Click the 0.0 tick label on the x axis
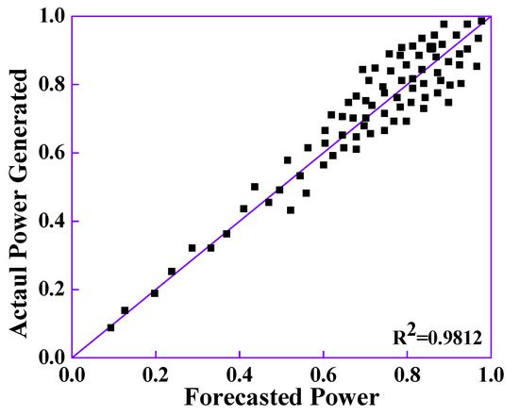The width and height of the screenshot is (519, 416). (x=73, y=373)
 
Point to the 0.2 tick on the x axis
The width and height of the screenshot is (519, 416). (x=156, y=373)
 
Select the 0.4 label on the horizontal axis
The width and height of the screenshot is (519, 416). (x=240, y=373)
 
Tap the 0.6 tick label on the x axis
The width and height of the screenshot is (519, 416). (x=323, y=373)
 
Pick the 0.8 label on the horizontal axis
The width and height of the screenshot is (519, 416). (x=407, y=373)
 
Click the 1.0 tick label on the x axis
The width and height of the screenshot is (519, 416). (x=489, y=373)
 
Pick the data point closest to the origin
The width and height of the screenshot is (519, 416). (x=110, y=327)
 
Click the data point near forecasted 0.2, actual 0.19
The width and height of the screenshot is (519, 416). (x=155, y=292)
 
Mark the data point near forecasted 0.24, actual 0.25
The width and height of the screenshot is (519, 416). (x=172, y=272)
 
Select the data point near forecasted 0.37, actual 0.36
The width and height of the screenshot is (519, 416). (x=226, y=233)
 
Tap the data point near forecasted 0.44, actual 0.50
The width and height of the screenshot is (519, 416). (x=255, y=187)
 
